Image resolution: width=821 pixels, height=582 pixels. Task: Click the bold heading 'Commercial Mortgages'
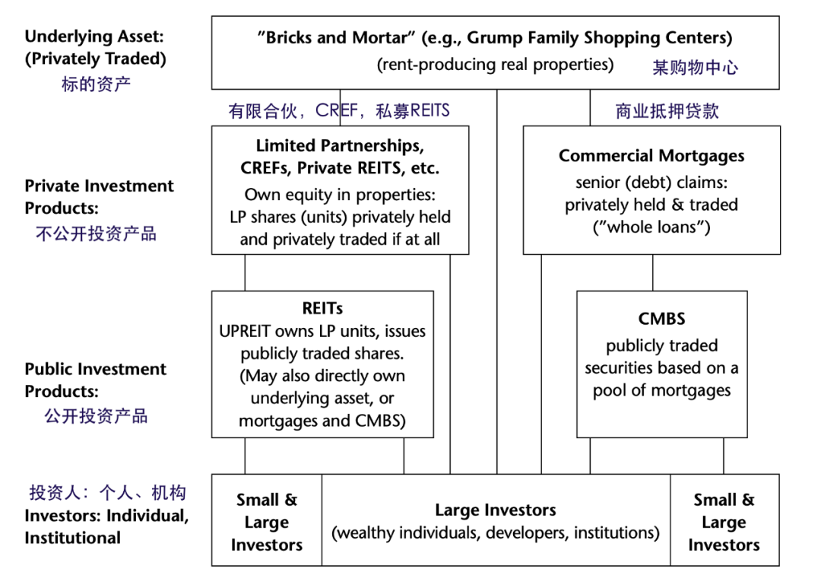[651, 156]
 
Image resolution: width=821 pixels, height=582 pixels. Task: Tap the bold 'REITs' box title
[322, 308]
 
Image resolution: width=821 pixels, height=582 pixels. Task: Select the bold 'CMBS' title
[661, 319]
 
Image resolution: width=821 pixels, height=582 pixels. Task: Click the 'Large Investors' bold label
[496, 510]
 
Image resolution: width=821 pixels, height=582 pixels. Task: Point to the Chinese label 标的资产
[96, 83]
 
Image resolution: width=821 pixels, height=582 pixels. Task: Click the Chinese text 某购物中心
[695, 67]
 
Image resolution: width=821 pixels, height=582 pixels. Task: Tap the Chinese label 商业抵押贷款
[667, 111]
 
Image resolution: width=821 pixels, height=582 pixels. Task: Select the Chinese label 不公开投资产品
[96, 234]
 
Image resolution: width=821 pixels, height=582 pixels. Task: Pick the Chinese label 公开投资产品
[96, 416]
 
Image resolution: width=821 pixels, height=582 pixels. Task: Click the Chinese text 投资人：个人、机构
[107, 492]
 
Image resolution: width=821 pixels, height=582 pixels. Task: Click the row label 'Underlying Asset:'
[94, 36]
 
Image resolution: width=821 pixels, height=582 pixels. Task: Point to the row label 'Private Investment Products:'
[99, 197]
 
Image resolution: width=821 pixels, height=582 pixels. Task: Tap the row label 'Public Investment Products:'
[95, 380]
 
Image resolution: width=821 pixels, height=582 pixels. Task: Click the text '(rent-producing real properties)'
[495, 64]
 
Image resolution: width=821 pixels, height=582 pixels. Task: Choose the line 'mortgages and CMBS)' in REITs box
[322, 420]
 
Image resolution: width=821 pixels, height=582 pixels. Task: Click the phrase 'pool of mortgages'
[661, 390]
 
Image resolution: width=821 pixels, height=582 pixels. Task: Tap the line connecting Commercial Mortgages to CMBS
[652, 272]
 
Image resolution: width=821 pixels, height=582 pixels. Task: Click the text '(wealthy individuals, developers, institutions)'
[496, 533]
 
